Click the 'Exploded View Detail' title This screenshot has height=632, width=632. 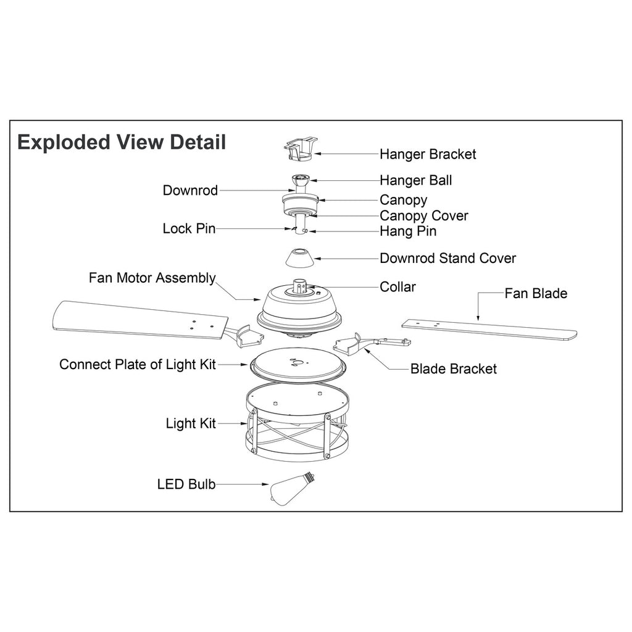coord(122,143)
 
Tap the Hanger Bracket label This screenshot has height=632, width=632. coord(428,154)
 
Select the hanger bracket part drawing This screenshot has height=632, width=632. coord(301,148)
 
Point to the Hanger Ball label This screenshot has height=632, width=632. coord(415,180)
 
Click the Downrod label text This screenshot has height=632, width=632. coord(190,190)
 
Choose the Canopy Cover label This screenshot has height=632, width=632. coord(423,216)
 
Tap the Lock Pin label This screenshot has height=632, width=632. coord(189,228)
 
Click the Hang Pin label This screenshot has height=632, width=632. coord(408,231)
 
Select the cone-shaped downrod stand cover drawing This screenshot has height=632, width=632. coord(299,258)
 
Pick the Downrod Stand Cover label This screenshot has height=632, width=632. coord(447,258)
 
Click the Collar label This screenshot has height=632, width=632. coord(397,287)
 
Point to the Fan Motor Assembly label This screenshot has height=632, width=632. coord(152,278)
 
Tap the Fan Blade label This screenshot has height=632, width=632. coord(536,293)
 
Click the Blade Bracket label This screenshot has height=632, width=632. coord(454,369)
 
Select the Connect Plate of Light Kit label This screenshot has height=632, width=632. coord(138,364)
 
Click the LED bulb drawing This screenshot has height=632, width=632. coord(292,488)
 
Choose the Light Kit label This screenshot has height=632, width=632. coord(191,423)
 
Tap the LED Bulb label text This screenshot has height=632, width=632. coord(186,484)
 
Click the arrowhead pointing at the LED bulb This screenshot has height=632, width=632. coord(265,484)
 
